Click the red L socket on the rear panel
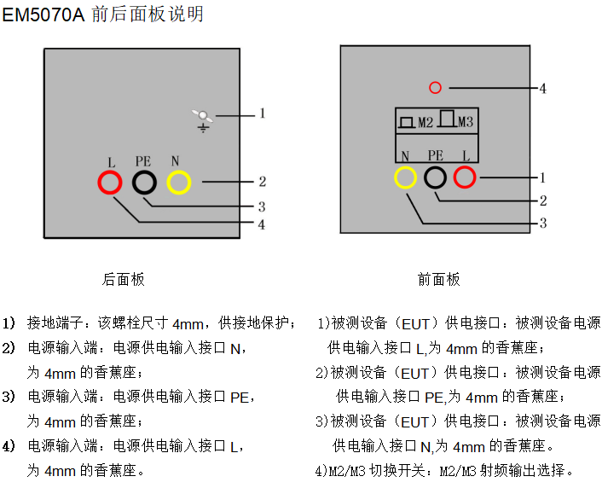pos(109,183)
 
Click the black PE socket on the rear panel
pos(144,183)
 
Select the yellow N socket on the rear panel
pos(179,183)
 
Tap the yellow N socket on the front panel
pos(406,177)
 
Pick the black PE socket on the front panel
pos(436,177)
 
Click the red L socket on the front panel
pos(465,177)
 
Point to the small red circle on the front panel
pos(435,87)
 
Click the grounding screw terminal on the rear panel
pos(203,116)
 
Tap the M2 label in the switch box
pos(425,123)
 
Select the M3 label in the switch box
pos(465,123)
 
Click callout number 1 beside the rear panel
pos(263,112)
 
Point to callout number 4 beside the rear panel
pos(263,224)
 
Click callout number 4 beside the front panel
pos(543,87)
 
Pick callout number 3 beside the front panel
pos(543,223)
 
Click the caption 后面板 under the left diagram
pos(124,279)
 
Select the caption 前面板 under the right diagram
pos(439,279)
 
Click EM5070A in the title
pos(43,15)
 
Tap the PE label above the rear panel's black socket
pos(143,160)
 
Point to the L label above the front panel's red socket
pos(466,155)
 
